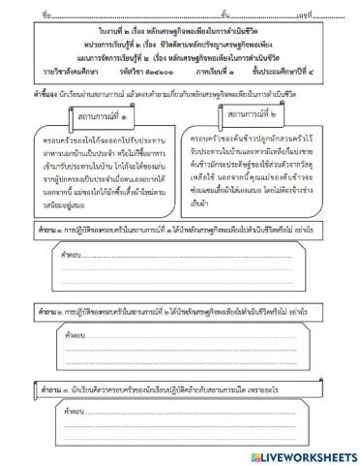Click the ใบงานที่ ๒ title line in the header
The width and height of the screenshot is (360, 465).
[179, 33]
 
